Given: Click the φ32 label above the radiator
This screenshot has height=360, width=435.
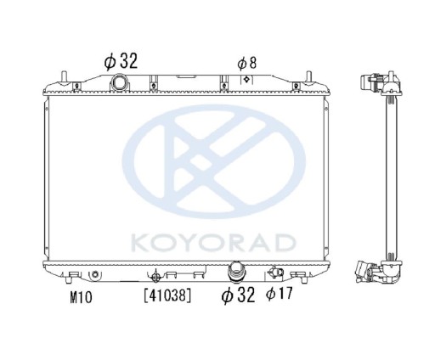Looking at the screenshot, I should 120,60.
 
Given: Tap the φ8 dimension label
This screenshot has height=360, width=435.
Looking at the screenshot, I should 246,62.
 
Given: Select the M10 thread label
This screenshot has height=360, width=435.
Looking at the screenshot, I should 80,296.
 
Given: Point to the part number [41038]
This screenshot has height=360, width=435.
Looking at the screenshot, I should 166,296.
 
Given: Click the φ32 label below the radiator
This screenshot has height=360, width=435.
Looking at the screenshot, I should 239,295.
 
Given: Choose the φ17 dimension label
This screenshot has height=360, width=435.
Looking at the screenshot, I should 279,295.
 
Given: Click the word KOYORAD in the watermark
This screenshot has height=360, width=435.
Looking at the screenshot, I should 212,244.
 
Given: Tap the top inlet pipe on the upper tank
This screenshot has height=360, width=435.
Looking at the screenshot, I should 121,82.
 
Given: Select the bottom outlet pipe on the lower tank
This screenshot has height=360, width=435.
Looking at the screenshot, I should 237,273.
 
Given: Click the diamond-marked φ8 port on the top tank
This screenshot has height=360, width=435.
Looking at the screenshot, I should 246,79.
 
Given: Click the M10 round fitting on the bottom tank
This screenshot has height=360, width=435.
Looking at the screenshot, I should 95,274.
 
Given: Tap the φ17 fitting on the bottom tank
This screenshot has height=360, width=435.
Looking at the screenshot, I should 274,273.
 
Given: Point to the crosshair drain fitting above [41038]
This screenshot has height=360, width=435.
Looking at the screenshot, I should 155,275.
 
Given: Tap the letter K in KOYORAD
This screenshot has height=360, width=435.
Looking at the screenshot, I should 140,244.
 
